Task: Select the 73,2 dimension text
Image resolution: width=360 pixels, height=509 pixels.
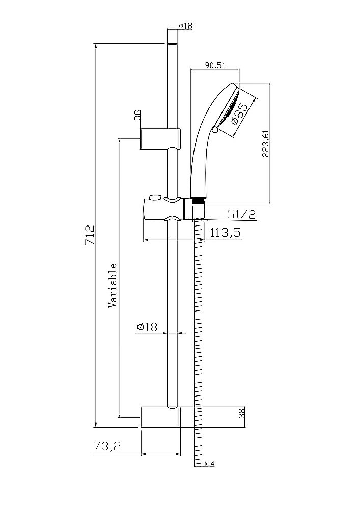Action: click(x=107, y=447)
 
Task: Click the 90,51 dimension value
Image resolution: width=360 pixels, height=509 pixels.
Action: click(x=215, y=65)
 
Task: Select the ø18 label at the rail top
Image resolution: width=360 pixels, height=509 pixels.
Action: click(x=185, y=26)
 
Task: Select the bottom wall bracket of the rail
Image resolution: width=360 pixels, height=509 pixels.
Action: click(x=159, y=417)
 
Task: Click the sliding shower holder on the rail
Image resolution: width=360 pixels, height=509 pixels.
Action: click(x=163, y=210)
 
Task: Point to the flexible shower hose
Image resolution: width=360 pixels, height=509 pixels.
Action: click(x=198, y=346)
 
